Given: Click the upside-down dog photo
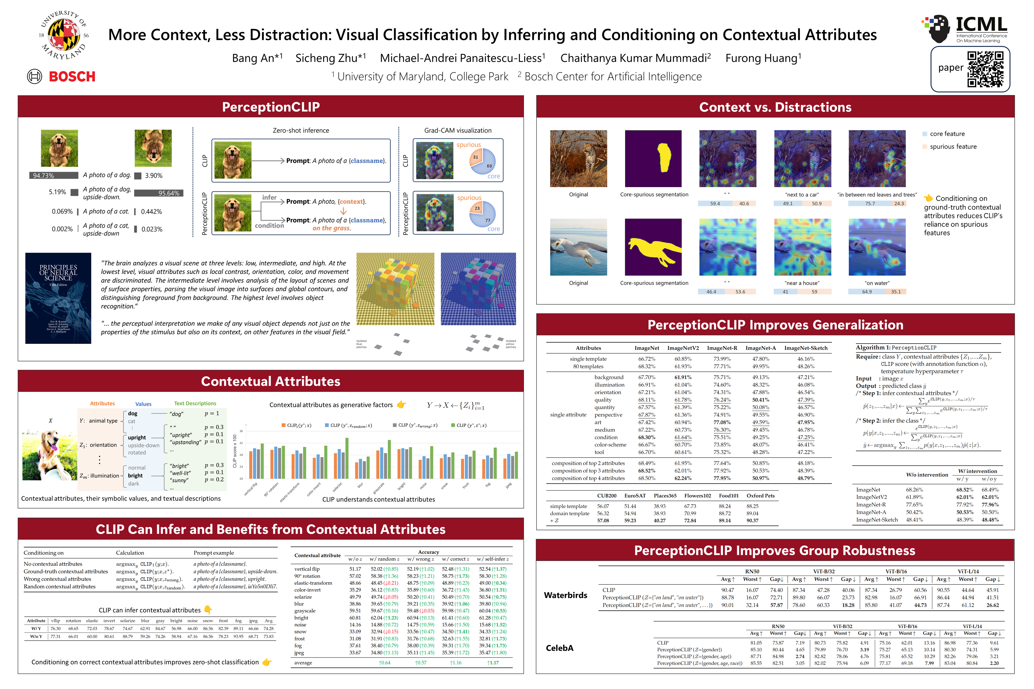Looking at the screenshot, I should click(153, 148).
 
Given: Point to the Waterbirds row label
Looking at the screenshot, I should click(565, 595).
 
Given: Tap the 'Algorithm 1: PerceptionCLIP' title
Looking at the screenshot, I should click(895, 348).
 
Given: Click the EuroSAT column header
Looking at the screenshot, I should click(635, 496).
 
